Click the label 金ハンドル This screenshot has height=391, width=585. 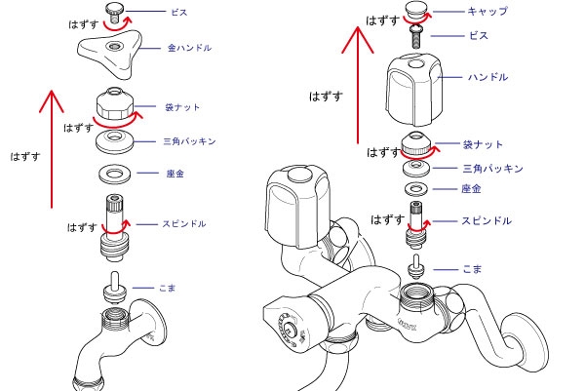coord(190,47)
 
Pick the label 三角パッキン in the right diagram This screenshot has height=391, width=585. coord(492,169)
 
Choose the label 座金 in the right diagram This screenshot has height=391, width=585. coord(472,188)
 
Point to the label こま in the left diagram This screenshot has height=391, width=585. coord(168,288)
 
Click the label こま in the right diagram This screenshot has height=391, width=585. coord(471,267)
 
